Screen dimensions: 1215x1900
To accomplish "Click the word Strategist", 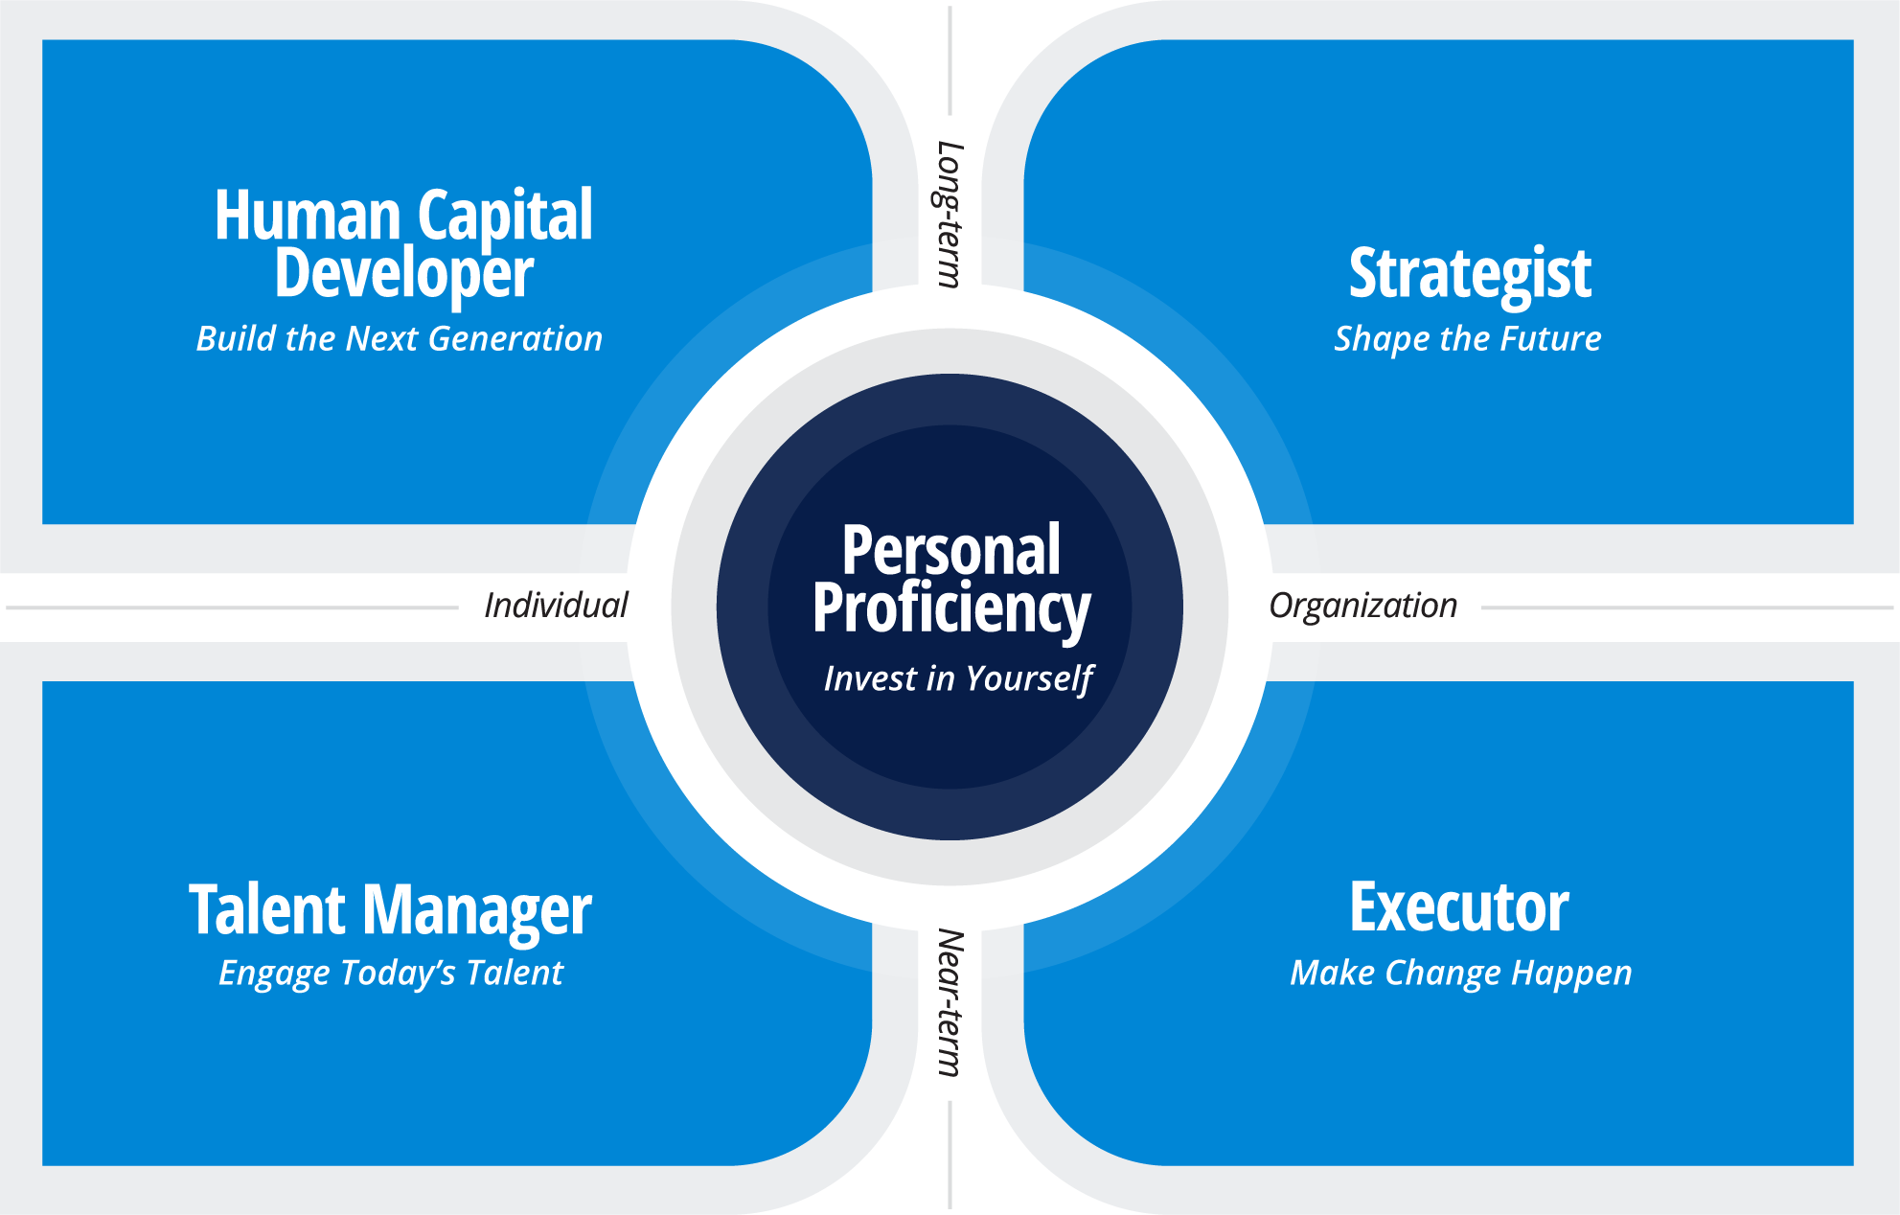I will click(1470, 274).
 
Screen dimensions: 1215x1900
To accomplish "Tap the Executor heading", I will click(1458, 907).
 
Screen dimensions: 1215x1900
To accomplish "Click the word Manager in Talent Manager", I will click(476, 911).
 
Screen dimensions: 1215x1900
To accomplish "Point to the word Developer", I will click(403, 274).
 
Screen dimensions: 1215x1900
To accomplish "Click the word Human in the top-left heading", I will click(307, 215).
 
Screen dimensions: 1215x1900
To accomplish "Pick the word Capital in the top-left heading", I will click(505, 217).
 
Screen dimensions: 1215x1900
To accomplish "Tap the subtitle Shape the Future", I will click(1467, 338).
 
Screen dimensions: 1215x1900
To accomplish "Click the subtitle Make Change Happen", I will click(1460, 973).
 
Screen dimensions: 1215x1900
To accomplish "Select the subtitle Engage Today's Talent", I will click(391, 973).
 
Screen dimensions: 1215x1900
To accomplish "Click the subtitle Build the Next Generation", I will click(400, 338).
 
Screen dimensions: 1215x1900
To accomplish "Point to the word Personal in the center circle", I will click(950, 550).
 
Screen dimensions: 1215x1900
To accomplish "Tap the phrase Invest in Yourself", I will click(957, 678).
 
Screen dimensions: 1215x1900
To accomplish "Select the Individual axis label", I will click(556, 606).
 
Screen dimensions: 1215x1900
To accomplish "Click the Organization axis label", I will click(1362, 606).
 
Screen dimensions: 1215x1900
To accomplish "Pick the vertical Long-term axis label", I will click(949, 214).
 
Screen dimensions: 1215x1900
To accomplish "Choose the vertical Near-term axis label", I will click(949, 1002).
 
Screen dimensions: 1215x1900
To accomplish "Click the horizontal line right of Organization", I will click(1686, 607).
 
